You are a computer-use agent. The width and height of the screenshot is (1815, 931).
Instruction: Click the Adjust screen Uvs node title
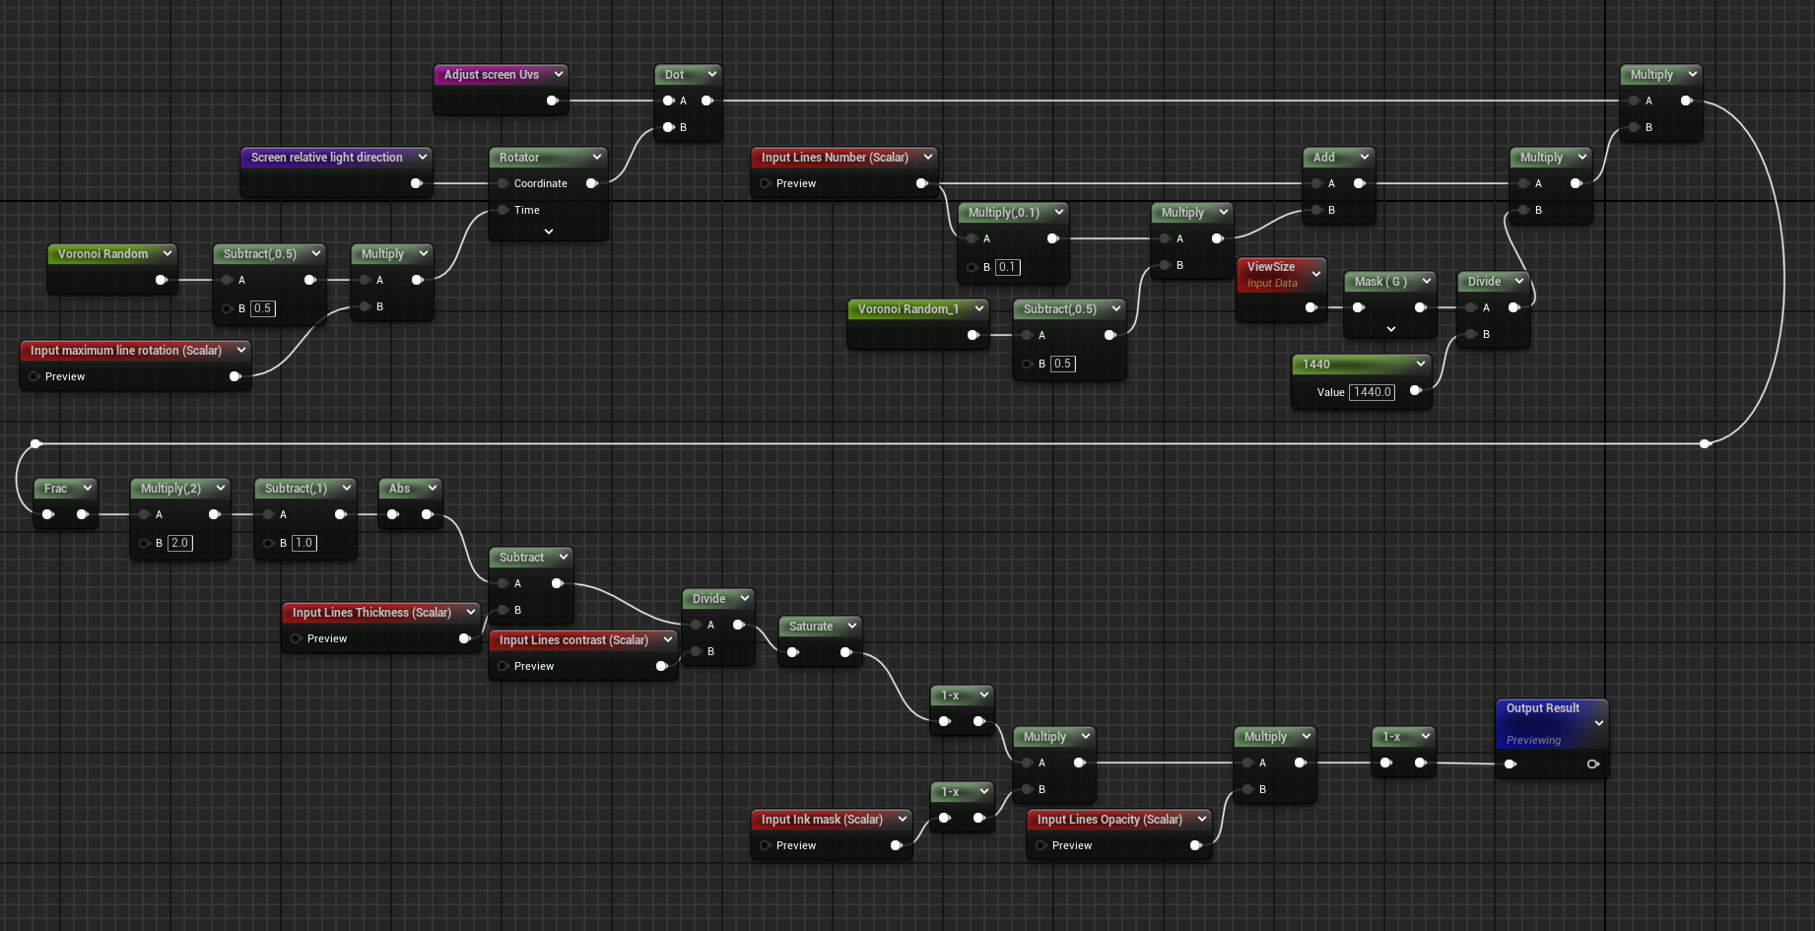[491, 75]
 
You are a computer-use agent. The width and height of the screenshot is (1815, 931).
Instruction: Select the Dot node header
[675, 75]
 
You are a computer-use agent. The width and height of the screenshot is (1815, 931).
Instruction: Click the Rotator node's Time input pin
[504, 210]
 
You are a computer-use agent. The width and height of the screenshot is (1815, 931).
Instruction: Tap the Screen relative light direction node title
[326, 158]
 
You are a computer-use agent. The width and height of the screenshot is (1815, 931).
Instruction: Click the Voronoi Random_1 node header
[907, 309]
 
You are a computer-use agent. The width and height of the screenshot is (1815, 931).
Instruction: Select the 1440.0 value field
[1372, 392]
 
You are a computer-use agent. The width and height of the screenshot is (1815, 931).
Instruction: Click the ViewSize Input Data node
[1271, 274]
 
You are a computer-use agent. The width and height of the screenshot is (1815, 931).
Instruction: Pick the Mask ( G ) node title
[1379, 282]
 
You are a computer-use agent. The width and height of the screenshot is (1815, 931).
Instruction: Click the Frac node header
[56, 489]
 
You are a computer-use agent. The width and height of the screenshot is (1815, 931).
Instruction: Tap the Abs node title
[399, 489]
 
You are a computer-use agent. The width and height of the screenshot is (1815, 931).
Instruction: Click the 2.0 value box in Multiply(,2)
[179, 543]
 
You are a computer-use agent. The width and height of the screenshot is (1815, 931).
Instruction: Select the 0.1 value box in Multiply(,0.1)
[1006, 267]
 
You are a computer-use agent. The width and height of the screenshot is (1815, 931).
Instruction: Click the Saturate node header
[810, 627]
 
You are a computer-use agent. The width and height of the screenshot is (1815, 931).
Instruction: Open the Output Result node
[1542, 709]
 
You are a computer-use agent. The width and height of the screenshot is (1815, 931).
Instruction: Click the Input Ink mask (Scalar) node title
[821, 820]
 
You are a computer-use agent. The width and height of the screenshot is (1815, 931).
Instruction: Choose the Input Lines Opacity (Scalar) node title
[1109, 820]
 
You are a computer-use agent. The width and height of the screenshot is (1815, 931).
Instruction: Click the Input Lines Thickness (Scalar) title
[370, 613]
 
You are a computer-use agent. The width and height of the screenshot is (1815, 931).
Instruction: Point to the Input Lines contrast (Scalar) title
[572, 640]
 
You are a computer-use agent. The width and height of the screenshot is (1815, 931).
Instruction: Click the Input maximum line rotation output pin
[235, 376]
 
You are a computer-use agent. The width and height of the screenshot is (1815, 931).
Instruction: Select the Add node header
[1324, 158]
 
